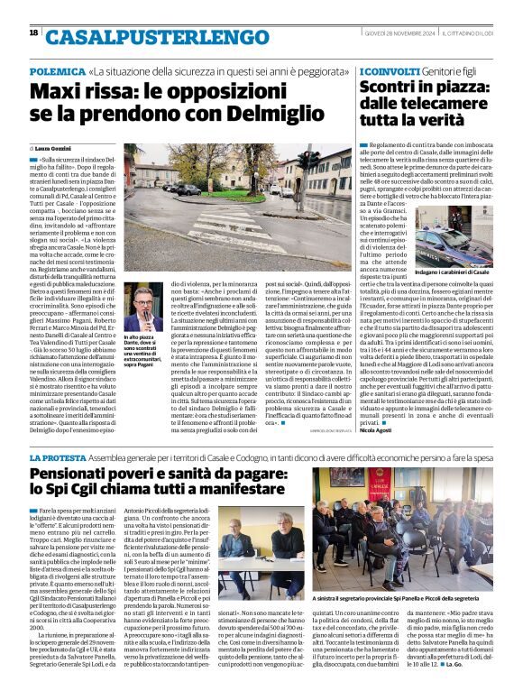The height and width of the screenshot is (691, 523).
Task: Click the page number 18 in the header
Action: tap(33, 32)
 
